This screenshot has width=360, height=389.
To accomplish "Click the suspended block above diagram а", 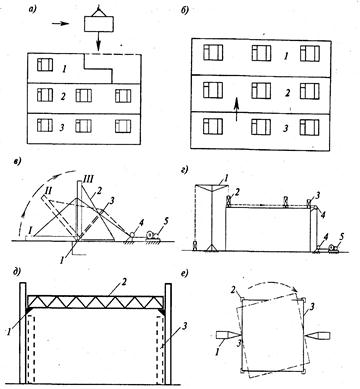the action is (99, 24).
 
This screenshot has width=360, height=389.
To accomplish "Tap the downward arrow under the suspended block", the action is (98, 40).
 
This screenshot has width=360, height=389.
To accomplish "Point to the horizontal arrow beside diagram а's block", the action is (61, 24).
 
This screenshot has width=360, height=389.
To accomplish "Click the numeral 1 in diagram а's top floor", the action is (65, 69).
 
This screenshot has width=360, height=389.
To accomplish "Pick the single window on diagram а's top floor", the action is (45, 65).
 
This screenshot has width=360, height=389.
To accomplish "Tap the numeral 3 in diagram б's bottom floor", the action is (285, 129).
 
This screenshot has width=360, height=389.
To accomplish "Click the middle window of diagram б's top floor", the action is (261, 53).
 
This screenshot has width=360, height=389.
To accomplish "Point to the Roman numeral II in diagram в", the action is (49, 190).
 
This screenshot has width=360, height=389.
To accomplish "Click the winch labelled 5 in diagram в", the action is (152, 236).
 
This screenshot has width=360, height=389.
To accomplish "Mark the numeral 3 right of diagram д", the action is (183, 326).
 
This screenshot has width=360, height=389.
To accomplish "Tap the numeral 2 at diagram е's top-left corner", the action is (235, 289).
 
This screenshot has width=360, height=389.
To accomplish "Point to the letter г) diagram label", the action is (185, 170).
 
